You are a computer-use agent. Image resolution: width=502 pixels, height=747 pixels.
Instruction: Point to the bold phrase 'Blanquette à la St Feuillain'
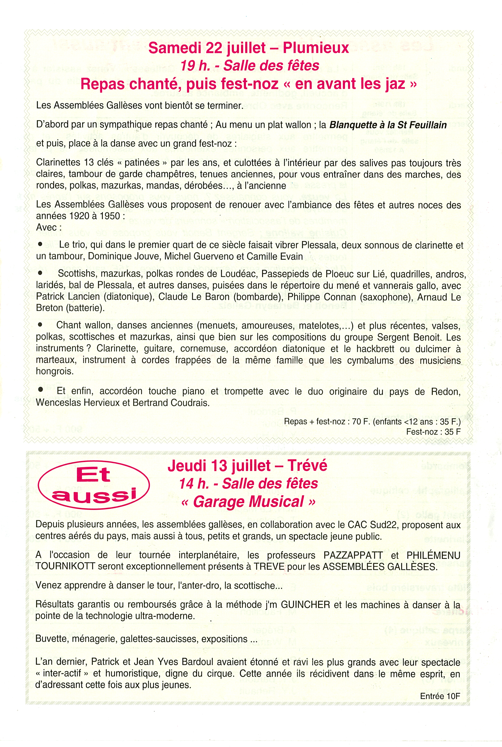coord(388,125)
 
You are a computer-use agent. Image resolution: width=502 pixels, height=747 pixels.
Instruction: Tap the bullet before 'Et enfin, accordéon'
coord(40,390)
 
